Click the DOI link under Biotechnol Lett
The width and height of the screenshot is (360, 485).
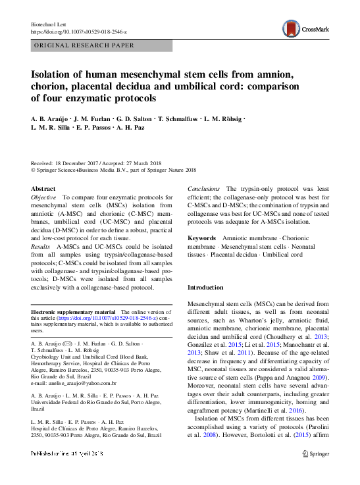79,32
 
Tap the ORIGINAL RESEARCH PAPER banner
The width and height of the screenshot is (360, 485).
84,46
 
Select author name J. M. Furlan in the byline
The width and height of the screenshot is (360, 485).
91,119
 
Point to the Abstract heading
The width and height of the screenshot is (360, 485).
43,188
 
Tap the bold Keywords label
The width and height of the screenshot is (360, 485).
201,237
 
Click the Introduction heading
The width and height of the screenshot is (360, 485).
207,288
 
